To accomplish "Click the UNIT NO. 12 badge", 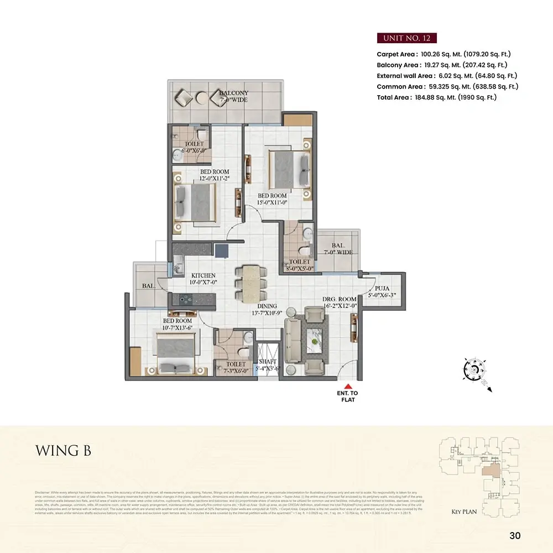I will click(x=407, y=38).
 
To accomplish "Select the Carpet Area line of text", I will click(x=444, y=54).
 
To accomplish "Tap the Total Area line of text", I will click(x=437, y=97).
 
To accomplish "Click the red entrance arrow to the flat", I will click(x=347, y=387).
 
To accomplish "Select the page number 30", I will click(x=515, y=535).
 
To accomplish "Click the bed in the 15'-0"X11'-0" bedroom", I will click(x=289, y=168).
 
